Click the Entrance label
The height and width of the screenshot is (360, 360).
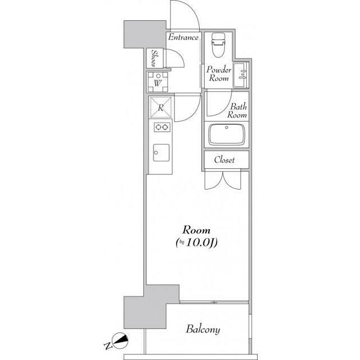(x=183, y=37)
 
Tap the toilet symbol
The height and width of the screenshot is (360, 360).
(x=218, y=45)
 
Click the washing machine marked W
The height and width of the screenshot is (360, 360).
(x=157, y=82)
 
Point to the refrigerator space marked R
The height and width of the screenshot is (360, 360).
(x=160, y=107)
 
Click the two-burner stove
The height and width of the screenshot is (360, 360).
(x=162, y=127)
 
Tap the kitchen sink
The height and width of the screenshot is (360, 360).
(x=161, y=152)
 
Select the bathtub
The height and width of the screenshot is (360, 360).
(x=226, y=134)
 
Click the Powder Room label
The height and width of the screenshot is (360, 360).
(x=219, y=74)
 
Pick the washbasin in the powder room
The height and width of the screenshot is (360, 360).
(x=241, y=75)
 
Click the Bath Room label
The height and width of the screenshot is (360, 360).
(x=237, y=110)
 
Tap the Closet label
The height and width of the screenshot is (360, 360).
(x=224, y=160)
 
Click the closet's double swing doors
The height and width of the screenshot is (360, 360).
(x=223, y=181)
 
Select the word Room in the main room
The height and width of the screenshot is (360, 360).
(x=196, y=230)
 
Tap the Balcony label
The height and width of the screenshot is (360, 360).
(x=203, y=329)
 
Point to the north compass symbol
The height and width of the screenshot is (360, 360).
(x=120, y=340)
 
